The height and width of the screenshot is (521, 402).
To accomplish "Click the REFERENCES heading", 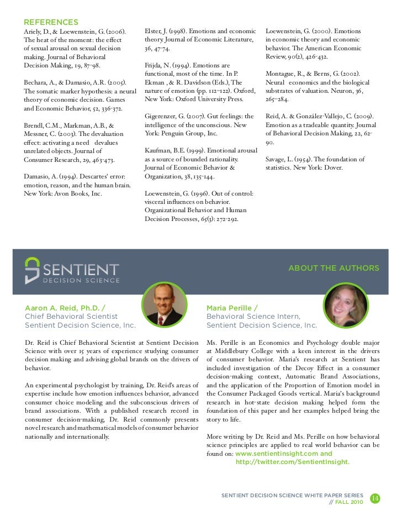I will point(50,22).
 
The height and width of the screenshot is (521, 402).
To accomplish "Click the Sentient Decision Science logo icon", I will point(33,270).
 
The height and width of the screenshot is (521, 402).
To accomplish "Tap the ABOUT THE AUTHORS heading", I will point(334,269).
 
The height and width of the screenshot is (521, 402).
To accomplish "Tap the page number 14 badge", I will point(374,498).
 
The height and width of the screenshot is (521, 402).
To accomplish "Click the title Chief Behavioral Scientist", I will point(71,317).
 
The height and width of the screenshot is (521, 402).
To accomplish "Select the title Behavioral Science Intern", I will point(253,317).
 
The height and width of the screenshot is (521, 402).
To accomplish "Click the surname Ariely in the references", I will point(34,31).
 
